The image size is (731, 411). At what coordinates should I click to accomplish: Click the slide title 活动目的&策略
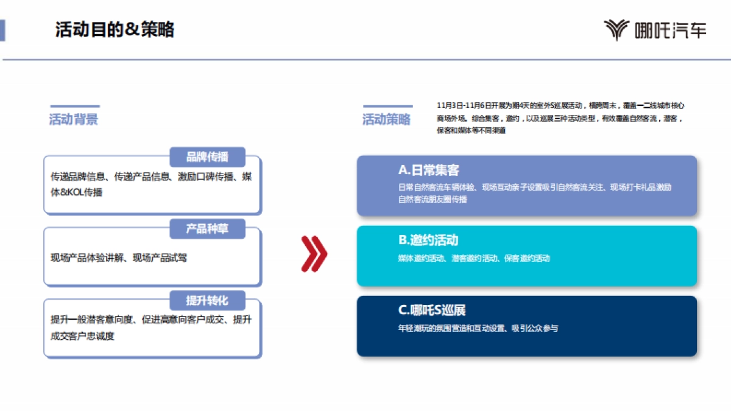point(115,29)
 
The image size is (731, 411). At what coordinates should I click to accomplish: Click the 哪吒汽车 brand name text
point(670,30)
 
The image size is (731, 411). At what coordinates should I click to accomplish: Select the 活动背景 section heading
point(74,119)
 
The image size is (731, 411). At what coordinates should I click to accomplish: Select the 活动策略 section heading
point(387,119)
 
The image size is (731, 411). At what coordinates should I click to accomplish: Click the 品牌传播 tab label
point(207,157)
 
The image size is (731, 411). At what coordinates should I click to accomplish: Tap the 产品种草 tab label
point(207,229)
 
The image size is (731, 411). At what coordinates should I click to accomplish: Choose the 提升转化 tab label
point(207,300)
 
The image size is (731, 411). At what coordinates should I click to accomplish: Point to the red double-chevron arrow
point(314,253)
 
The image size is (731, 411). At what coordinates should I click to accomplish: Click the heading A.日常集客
point(429,170)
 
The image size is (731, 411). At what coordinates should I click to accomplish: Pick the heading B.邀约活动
point(428,240)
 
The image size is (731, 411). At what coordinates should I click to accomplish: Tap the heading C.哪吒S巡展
point(432,310)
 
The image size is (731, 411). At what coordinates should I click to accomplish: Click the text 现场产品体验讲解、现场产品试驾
point(119,258)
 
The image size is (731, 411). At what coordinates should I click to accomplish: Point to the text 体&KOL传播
point(77,192)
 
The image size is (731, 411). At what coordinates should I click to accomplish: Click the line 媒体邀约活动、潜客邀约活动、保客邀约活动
point(474,258)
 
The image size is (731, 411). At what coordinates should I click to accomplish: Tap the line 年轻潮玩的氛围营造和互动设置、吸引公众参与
point(478,328)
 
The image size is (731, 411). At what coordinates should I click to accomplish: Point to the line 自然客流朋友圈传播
point(433,199)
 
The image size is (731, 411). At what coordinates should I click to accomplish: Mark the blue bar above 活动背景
point(74,107)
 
